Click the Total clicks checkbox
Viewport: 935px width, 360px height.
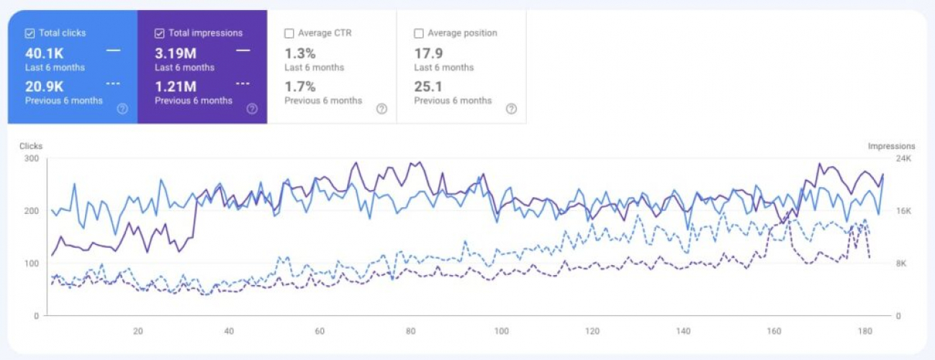[x=30, y=33]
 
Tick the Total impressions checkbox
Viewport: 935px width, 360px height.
[x=159, y=33]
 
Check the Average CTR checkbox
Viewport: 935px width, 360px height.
[x=289, y=33]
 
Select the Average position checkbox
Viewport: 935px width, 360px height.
[x=418, y=33]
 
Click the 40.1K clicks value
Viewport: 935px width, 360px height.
[x=45, y=53]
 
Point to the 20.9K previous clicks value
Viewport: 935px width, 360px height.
[x=45, y=87]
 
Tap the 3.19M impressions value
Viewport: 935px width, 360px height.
[x=176, y=53]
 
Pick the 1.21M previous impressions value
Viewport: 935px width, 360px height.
[x=176, y=87]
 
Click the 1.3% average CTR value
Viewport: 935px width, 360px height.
[x=300, y=53]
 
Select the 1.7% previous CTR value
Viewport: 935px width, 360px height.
[x=300, y=87]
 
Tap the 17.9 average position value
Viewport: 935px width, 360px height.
[x=428, y=53]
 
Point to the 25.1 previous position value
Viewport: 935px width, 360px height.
[x=428, y=87]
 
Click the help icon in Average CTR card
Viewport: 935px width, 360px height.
[x=381, y=109]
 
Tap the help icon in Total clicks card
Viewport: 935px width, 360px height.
[x=122, y=109]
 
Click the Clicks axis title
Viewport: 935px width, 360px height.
[x=31, y=146]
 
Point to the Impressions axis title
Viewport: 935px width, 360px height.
[x=891, y=146]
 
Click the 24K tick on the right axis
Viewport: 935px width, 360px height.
[x=904, y=158]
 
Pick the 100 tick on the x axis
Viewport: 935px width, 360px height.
[x=502, y=331]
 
